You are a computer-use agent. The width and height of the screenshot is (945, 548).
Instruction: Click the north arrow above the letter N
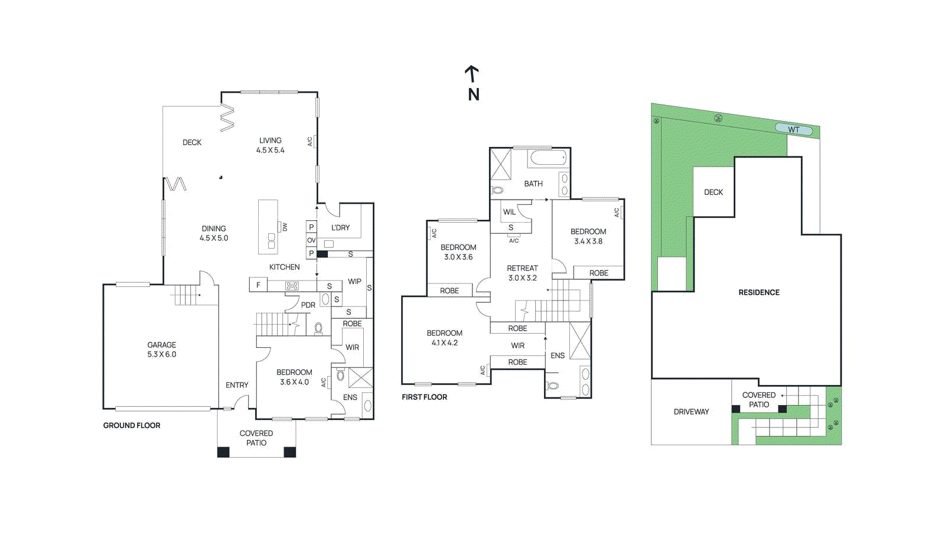pyautogui.click(x=471, y=74)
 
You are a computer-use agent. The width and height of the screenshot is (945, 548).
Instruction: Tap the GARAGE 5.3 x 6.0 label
pyautogui.click(x=162, y=350)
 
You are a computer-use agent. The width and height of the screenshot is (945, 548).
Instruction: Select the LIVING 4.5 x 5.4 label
pyautogui.click(x=271, y=145)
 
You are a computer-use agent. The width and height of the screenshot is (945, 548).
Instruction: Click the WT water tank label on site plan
pyautogui.click(x=793, y=130)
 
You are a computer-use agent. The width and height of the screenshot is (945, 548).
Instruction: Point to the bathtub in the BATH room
pyautogui.click(x=548, y=158)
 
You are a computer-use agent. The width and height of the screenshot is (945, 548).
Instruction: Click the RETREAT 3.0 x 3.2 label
pyautogui.click(x=522, y=273)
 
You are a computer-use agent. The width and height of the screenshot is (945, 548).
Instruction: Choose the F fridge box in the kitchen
pyautogui.click(x=258, y=285)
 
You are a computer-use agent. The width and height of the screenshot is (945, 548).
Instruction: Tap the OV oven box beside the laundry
pyautogui.click(x=311, y=240)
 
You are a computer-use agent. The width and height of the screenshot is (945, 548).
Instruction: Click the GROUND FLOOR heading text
pyautogui.click(x=132, y=425)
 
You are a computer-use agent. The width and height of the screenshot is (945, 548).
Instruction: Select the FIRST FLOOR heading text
pyautogui.click(x=424, y=397)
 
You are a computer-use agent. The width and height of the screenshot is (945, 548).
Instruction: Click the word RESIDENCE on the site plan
pyautogui.click(x=759, y=292)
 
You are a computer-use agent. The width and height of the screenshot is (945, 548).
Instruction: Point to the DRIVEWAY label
pyautogui.click(x=691, y=412)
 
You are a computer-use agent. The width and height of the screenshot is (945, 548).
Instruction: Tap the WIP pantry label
pyautogui.click(x=354, y=282)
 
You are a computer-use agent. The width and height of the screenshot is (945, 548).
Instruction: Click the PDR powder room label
pyautogui.click(x=308, y=305)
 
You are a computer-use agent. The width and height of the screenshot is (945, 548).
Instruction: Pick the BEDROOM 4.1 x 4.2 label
pyautogui.click(x=444, y=338)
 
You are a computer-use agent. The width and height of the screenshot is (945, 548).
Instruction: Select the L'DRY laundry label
pyautogui.click(x=340, y=227)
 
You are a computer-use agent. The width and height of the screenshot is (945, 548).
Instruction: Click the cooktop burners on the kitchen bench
pyautogui.click(x=292, y=286)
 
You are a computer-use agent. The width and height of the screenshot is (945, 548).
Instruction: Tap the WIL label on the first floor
pyautogui.click(x=509, y=212)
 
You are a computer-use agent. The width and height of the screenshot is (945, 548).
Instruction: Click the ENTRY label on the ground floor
pyautogui.click(x=237, y=385)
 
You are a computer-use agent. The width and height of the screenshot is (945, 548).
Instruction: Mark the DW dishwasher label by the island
pyautogui.click(x=285, y=227)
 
